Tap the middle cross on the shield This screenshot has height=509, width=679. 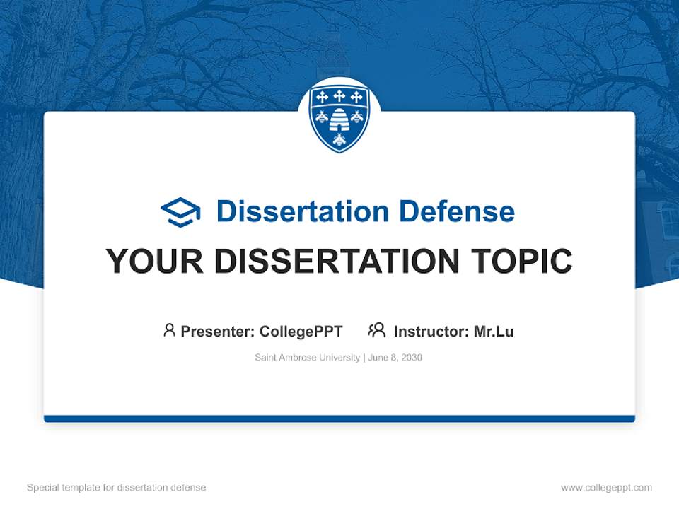click(x=339, y=96)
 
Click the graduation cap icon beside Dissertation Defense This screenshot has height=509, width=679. click(x=180, y=212)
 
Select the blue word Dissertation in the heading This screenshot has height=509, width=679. click(x=302, y=211)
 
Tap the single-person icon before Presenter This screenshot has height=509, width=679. click(x=169, y=330)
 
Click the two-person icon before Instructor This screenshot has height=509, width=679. click(x=376, y=330)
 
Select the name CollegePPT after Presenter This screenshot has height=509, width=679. click(x=301, y=331)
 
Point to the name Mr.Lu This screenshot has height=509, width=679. click(x=494, y=331)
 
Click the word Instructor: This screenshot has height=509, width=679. click(x=431, y=331)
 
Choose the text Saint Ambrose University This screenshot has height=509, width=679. click(x=308, y=358)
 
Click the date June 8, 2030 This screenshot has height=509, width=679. click(x=395, y=358)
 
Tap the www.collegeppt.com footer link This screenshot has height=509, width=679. click(x=606, y=488)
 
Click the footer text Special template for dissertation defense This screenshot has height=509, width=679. click(x=117, y=488)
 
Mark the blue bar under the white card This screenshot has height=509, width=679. click(x=339, y=419)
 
